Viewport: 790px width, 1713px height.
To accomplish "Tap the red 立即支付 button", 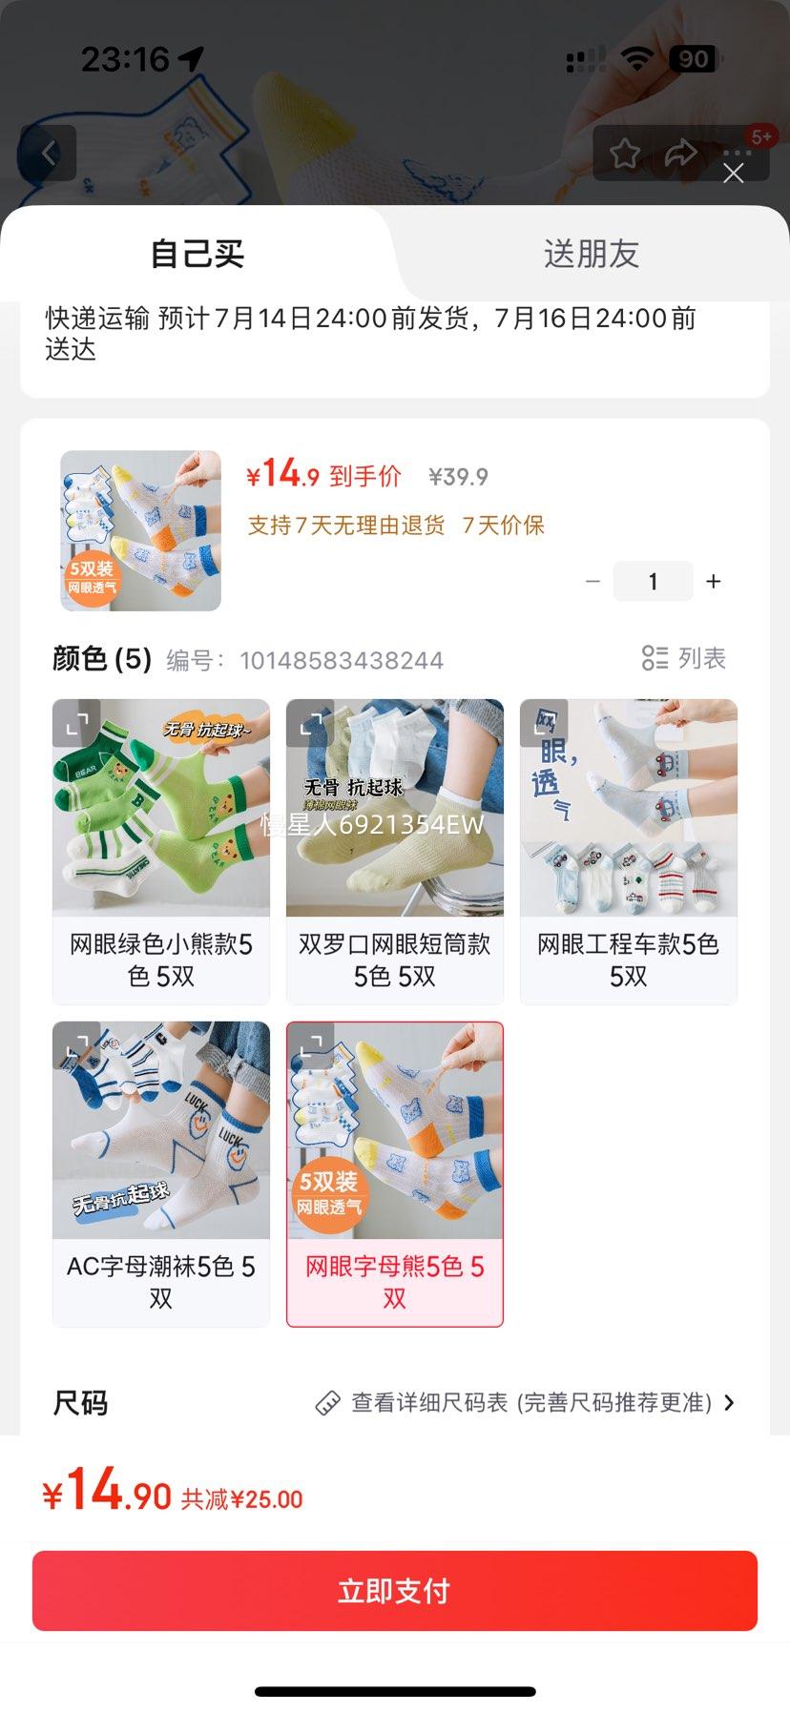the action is pyautogui.click(x=394, y=1591).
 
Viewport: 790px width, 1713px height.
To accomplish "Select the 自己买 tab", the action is pyautogui.click(x=197, y=254).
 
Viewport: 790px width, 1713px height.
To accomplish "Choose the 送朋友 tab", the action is pyautogui.click(x=592, y=254).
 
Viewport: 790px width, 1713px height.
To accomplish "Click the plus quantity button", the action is pyautogui.click(x=714, y=582).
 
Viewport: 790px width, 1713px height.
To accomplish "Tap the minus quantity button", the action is pyautogui.click(x=592, y=582).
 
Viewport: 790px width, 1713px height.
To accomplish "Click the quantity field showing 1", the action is pyautogui.click(x=653, y=582).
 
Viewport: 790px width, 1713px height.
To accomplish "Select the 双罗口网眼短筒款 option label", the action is pyautogui.click(x=395, y=960).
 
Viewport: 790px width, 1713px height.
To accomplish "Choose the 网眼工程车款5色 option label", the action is pyautogui.click(x=629, y=960).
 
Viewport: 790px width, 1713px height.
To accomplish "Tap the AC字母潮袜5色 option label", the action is pyautogui.click(x=161, y=1283).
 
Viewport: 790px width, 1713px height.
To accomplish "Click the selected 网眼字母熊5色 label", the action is pyautogui.click(x=395, y=1283).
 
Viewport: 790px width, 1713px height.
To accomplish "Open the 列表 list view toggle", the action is pyautogui.click(x=684, y=658).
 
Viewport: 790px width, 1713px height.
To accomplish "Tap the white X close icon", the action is pyautogui.click(x=733, y=173).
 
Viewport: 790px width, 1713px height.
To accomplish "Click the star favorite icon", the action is pyautogui.click(x=625, y=153).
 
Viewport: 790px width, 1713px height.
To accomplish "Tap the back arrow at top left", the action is pyautogui.click(x=48, y=153).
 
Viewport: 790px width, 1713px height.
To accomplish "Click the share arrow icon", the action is pyautogui.click(x=680, y=153).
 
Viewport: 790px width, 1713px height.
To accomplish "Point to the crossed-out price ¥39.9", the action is pyautogui.click(x=458, y=477).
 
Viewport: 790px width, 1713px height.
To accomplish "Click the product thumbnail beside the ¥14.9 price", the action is pyautogui.click(x=141, y=530).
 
